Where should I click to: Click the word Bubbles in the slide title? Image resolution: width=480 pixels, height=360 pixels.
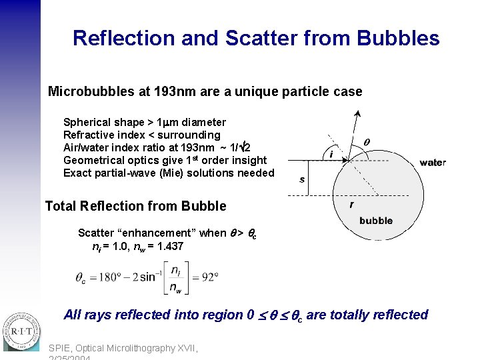coord(398,38)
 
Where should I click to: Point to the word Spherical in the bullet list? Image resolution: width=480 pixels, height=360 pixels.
coord(86,123)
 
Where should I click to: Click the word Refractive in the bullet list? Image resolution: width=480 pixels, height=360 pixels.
coord(89,135)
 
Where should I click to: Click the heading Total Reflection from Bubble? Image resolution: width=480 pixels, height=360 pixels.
coord(135,206)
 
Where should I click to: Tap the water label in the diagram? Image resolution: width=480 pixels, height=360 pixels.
coord(433,163)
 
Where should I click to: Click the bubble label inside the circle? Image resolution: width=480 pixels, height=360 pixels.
coord(376,221)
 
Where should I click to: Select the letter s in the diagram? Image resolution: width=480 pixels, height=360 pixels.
coord(302,179)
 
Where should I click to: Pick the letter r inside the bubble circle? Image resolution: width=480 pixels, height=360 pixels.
coord(351,205)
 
